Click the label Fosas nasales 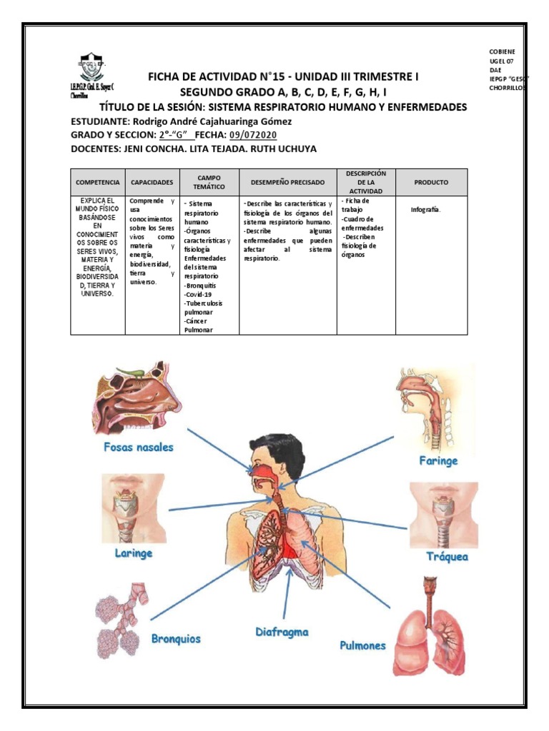pos(137,448)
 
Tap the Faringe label pos(437,461)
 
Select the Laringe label pos(134,553)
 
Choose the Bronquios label pos(176,638)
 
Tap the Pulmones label pos(362,645)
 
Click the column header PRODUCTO pos(431,183)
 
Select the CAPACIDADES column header pos(151,183)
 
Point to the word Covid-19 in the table pos(199,293)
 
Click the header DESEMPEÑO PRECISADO pos(287,183)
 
